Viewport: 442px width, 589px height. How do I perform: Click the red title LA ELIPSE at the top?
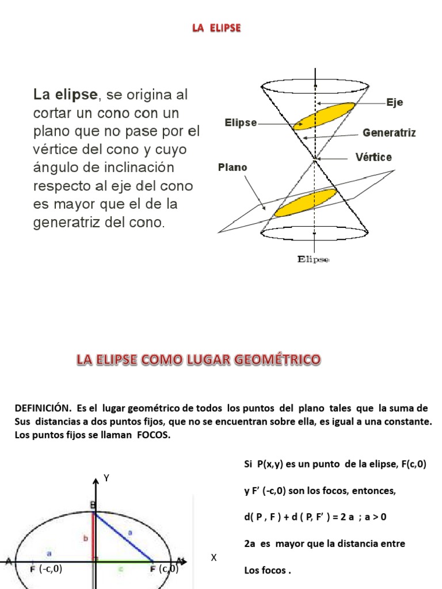(x=216, y=28)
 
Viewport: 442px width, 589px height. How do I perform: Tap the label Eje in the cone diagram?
(x=395, y=102)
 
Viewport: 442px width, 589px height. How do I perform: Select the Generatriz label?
(x=389, y=133)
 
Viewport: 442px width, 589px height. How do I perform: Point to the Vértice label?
(x=374, y=157)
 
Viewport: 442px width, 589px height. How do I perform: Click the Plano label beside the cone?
(x=233, y=167)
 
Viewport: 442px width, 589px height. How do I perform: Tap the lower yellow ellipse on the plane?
(x=304, y=202)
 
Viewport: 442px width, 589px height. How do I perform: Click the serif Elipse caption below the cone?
(x=313, y=259)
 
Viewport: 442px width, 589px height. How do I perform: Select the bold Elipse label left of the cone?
(x=241, y=123)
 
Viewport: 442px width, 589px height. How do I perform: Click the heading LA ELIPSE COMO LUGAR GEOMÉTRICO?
(x=199, y=360)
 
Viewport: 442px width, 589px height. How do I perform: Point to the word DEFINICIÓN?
(x=43, y=408)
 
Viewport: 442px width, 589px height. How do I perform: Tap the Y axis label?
(x=106, y=477)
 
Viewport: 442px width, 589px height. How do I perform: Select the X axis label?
(x=214, y=557)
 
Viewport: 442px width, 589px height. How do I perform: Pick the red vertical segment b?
(x=93, y=535)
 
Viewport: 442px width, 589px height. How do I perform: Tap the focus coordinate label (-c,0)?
(x=50, y=569)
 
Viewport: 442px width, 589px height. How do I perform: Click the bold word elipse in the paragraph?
(x=75, y=94)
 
